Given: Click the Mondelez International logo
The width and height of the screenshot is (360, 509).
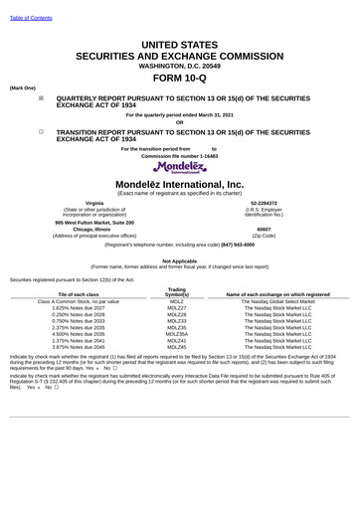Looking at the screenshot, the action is pyautogui.click(x=179, y=168).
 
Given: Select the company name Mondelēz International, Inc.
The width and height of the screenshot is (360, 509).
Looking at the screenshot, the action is pyautogui.click(x=179, y=185).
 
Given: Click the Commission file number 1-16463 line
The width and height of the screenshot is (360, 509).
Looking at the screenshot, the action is pyautogui.click(x=179, y=156).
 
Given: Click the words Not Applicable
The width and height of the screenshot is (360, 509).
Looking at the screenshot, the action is pyautogui.click(x=179, y=260).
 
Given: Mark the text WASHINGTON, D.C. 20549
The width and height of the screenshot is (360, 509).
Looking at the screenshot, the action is pyautogui.click(x=179, y=63).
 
